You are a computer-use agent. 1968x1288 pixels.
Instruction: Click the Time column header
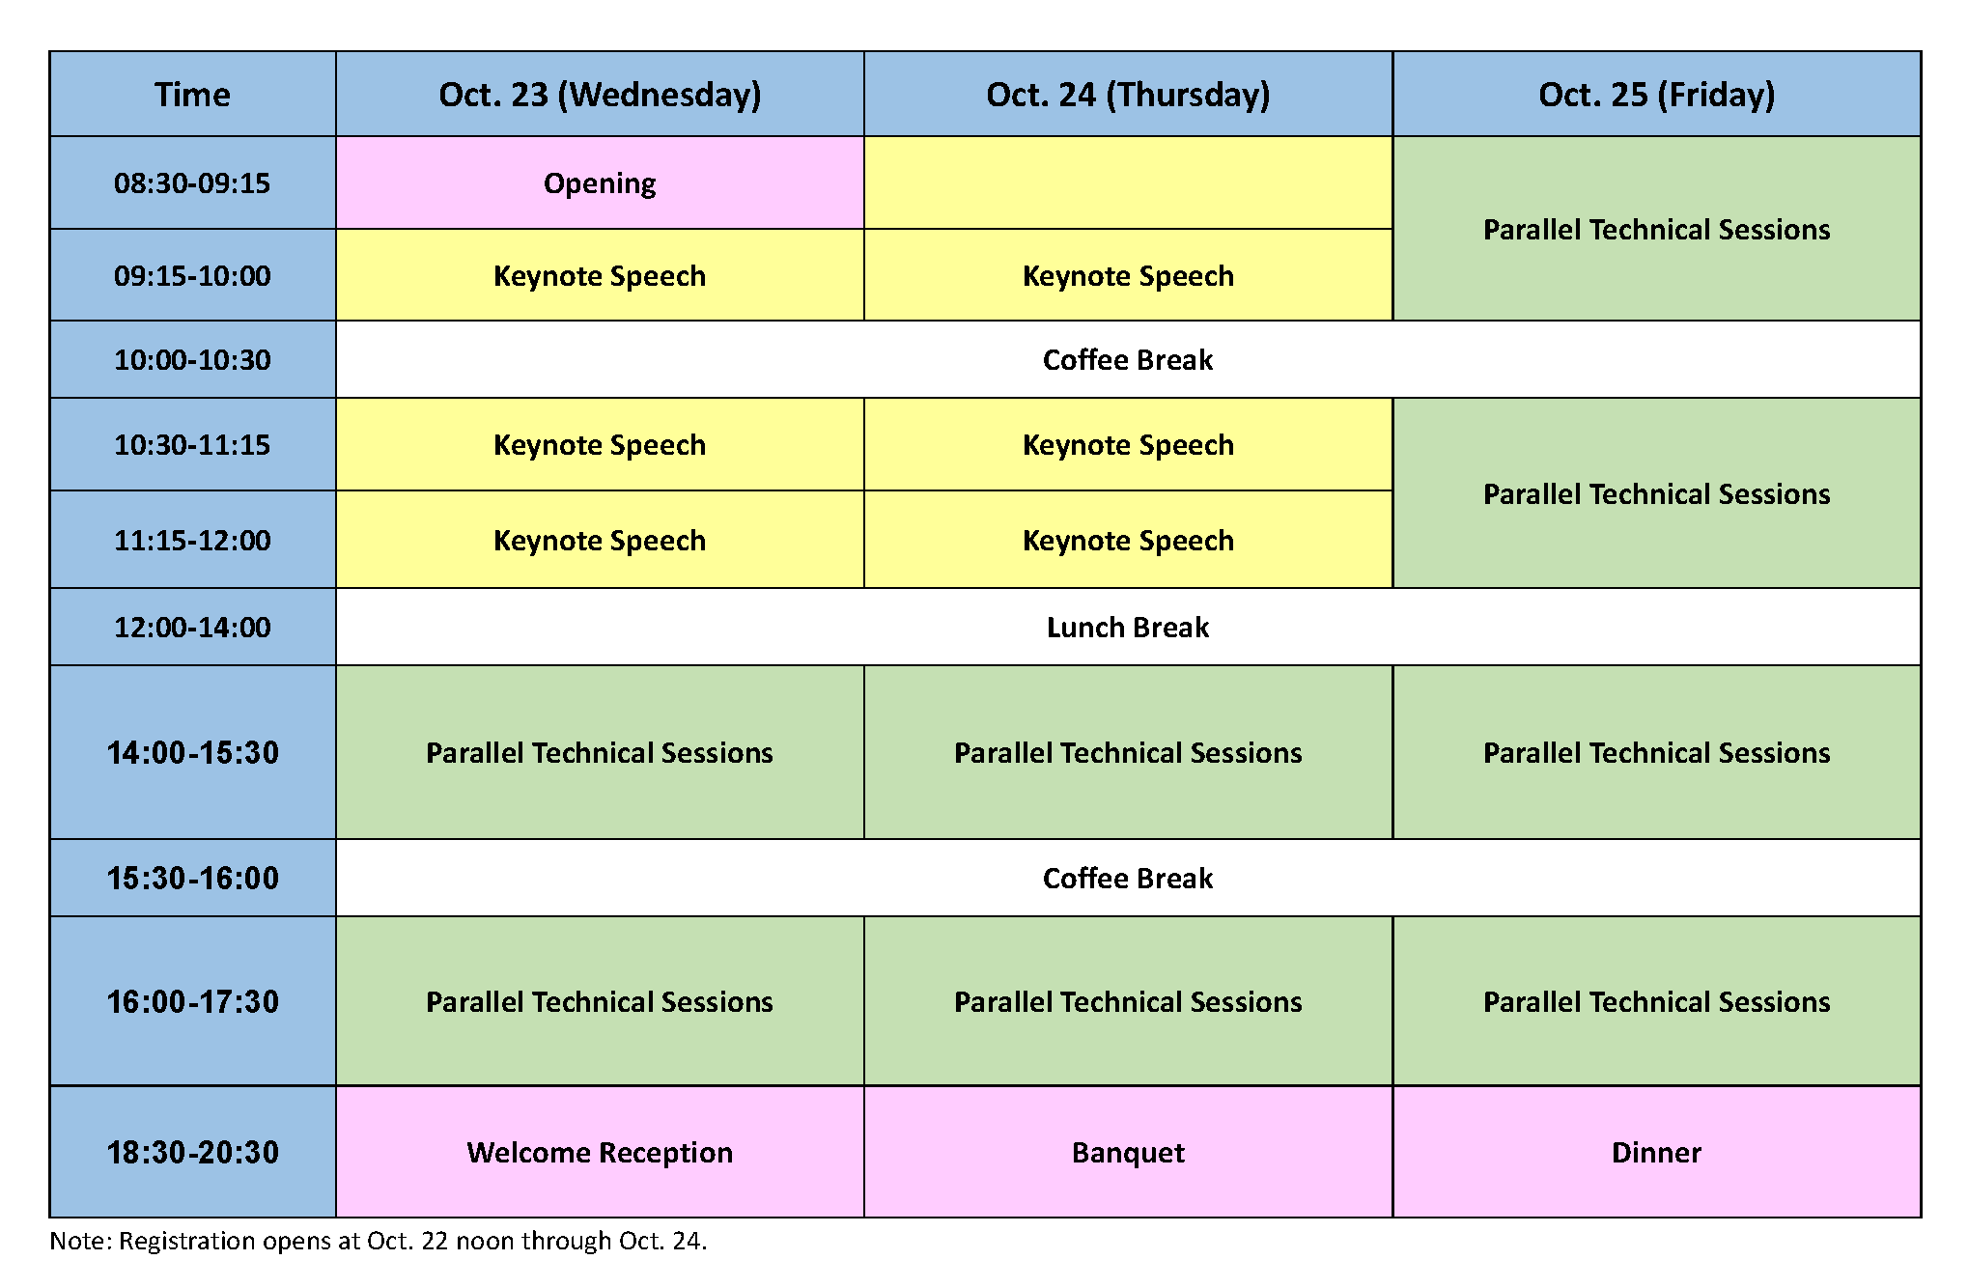[x=192, y=95]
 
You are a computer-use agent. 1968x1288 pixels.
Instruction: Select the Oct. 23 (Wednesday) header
[x=600, y=95]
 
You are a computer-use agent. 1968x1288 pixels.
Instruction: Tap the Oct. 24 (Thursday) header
[x=1128, y=95]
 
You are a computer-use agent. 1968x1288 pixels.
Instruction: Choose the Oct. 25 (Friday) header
[x=1656, y=95]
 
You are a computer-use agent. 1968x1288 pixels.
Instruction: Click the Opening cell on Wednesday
[x=600, y=183]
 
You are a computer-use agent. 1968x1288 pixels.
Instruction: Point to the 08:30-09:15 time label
[x=192, y=183]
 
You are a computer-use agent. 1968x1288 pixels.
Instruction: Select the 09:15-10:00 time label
[x=192, y=276]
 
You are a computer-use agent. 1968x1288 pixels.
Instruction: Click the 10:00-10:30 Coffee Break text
[x=1128, y=360]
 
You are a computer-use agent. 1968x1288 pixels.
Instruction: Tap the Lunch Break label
[x=1128, y=628]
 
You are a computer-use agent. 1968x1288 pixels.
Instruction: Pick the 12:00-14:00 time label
[x=192, y=628]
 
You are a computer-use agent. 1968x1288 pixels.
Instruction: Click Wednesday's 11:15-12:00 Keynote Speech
[x=600, y=541]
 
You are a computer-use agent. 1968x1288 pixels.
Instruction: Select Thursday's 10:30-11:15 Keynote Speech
[x=1128, y=445]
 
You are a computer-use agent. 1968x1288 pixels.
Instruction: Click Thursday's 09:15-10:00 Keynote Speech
[x=1128, y=276]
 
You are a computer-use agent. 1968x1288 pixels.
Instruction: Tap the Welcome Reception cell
[x=600, y=1153]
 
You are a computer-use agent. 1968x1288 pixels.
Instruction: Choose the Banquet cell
[x=1128, y=1153]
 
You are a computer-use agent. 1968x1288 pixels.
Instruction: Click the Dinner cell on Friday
[x=1656, y=1153]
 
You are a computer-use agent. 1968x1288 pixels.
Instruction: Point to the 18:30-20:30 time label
[x=192, y=1153]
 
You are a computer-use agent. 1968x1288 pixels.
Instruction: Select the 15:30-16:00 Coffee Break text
[x=1128, y=879]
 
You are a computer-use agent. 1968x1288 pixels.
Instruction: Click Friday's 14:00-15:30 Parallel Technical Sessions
[x=1656, y=753]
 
